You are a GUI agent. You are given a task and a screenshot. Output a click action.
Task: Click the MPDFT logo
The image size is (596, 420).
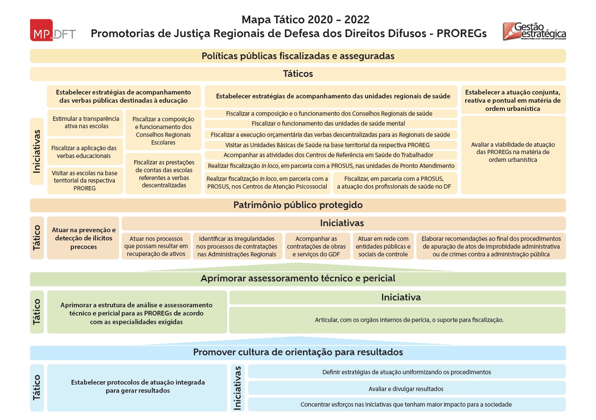coord(53,30)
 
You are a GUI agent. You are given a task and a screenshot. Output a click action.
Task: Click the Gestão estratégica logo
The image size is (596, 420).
coord(534,31)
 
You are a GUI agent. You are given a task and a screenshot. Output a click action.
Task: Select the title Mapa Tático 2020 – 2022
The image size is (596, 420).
coord(305,19)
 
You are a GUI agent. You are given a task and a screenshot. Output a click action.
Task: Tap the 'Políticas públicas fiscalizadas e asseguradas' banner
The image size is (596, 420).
coord(298,56)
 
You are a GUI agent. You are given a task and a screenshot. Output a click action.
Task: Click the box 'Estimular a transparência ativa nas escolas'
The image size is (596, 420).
coord(85,123)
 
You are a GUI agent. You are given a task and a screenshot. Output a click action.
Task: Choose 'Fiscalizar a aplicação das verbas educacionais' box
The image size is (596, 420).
coord(84,152)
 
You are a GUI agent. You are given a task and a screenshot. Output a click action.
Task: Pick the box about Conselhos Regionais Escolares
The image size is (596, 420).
coord(163,130)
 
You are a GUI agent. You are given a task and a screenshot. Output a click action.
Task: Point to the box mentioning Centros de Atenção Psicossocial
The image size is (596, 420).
coord(267,183)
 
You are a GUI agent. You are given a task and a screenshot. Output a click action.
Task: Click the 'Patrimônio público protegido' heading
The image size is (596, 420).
coord(298,205)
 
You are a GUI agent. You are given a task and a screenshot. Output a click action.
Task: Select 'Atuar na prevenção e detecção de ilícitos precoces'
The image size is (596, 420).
coord(83,238)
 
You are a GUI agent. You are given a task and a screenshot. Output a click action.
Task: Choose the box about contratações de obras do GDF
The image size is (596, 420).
coord(316,246)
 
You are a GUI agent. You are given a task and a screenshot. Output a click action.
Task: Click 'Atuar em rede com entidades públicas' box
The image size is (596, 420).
coord(383,246)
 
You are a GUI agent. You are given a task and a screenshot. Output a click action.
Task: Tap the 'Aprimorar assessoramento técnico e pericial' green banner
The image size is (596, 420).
coord(298,279)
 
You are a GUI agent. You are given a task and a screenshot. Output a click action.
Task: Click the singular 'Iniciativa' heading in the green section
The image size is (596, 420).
coord(400,297)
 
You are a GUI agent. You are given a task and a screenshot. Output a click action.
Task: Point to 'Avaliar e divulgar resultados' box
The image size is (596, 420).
coord(406,388)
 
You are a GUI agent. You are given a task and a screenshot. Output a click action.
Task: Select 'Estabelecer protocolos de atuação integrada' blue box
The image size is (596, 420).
coord(138,387)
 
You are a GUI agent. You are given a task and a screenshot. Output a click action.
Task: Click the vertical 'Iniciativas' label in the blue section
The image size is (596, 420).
coord(237,387)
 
